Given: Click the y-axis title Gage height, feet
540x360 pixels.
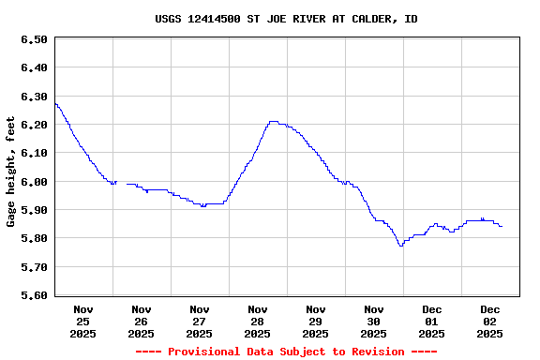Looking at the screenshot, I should pyautogui.click(x=11, y=172).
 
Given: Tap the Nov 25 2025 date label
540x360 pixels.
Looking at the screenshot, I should pyautogui.click(x=83, y=321).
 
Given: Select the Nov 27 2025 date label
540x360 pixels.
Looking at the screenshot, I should pyautogui.click(x=200, y=321).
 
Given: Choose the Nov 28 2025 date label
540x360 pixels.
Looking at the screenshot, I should pyautogui.click(x=258, y=321).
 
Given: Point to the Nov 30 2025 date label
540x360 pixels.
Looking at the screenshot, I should pyautogui.click(x=374, y=321).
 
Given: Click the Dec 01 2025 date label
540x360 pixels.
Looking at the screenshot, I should pyautogui.click(x=432, y=321).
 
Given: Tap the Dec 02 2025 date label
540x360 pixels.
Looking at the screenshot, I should pyautogui.click(x=490, y=321).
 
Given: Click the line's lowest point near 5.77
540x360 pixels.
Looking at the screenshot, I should pyautogui.click(x=400, y=246).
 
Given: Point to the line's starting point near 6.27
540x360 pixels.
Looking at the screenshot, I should pyautogui.click(x=55, y=103).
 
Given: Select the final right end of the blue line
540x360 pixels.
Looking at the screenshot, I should pyautogui.click(x=502, y=226).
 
